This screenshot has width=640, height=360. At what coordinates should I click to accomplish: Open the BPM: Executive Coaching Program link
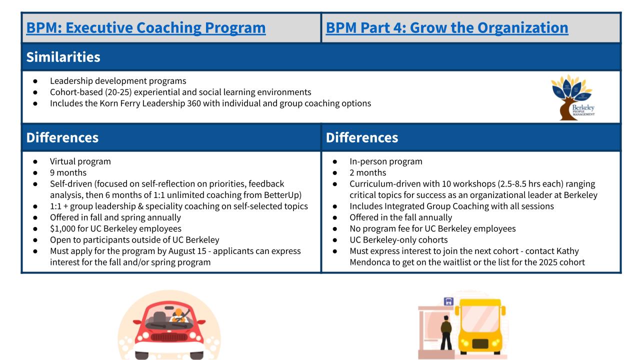coord(145,27)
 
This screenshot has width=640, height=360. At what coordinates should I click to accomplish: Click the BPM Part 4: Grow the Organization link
coord(447,27)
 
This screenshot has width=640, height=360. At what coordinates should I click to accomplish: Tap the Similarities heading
coord(63,57)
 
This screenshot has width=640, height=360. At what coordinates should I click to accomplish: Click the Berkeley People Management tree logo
coord(573,97)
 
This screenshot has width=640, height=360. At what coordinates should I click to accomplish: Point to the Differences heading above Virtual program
coord(62,137)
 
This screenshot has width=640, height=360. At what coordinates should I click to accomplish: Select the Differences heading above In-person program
coord(361,137)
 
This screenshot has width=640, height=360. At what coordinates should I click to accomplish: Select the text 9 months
coord(68,172)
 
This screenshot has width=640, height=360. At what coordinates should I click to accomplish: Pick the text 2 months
coord(367,172)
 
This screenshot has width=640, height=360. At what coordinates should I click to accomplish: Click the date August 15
coord(187,251)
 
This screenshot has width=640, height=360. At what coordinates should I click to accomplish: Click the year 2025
coord(548,262)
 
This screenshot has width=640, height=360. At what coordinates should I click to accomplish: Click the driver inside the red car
coord(178,315)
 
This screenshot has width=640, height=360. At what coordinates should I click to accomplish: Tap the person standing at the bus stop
coord(446,332)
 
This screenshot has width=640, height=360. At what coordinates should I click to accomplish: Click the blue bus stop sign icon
coord(448,301)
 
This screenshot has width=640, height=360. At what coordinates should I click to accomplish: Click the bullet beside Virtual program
coord(35,161)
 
